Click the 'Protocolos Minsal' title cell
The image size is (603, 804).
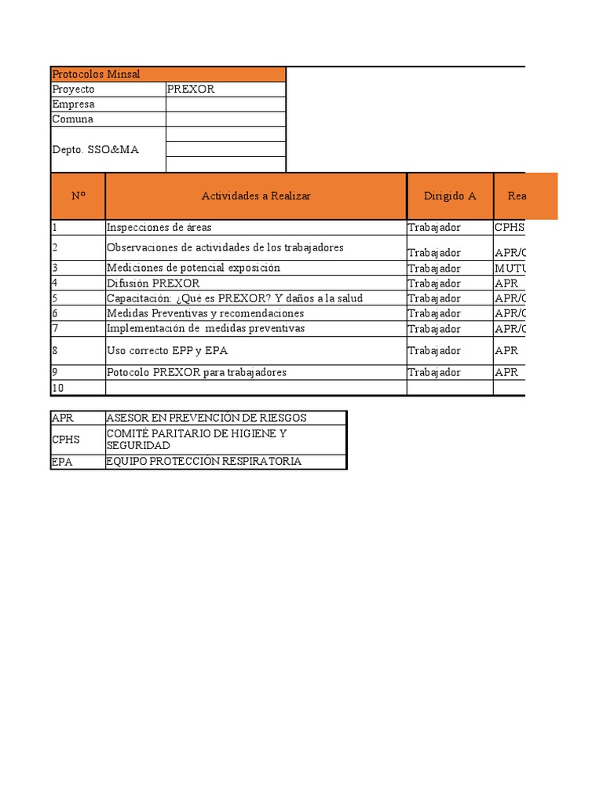point(96,74)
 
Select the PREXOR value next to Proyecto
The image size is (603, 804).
point(191,89)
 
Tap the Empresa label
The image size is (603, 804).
point(73,104)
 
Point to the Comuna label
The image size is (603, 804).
point(72,119)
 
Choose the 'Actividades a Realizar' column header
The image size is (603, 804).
point(256,196)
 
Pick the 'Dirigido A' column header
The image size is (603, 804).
point(450,196)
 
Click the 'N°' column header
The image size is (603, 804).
point(78,196)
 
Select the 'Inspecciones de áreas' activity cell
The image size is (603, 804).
point(159,228)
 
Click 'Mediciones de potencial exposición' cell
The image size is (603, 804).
point(193,268)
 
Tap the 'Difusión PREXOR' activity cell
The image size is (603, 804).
point(153,283)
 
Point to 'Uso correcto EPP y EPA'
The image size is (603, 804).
point(167,350)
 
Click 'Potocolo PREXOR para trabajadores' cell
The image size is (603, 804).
point(196,372)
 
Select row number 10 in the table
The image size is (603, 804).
point(58,388)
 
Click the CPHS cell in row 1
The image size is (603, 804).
point(509,228)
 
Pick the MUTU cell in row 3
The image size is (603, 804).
point(509,268)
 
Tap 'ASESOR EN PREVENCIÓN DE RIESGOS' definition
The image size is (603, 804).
point(206,418)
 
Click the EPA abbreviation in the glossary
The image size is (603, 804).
point(62,462)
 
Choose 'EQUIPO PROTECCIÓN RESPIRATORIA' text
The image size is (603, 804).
point(204,462)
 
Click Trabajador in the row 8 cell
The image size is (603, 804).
point(434,350)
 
